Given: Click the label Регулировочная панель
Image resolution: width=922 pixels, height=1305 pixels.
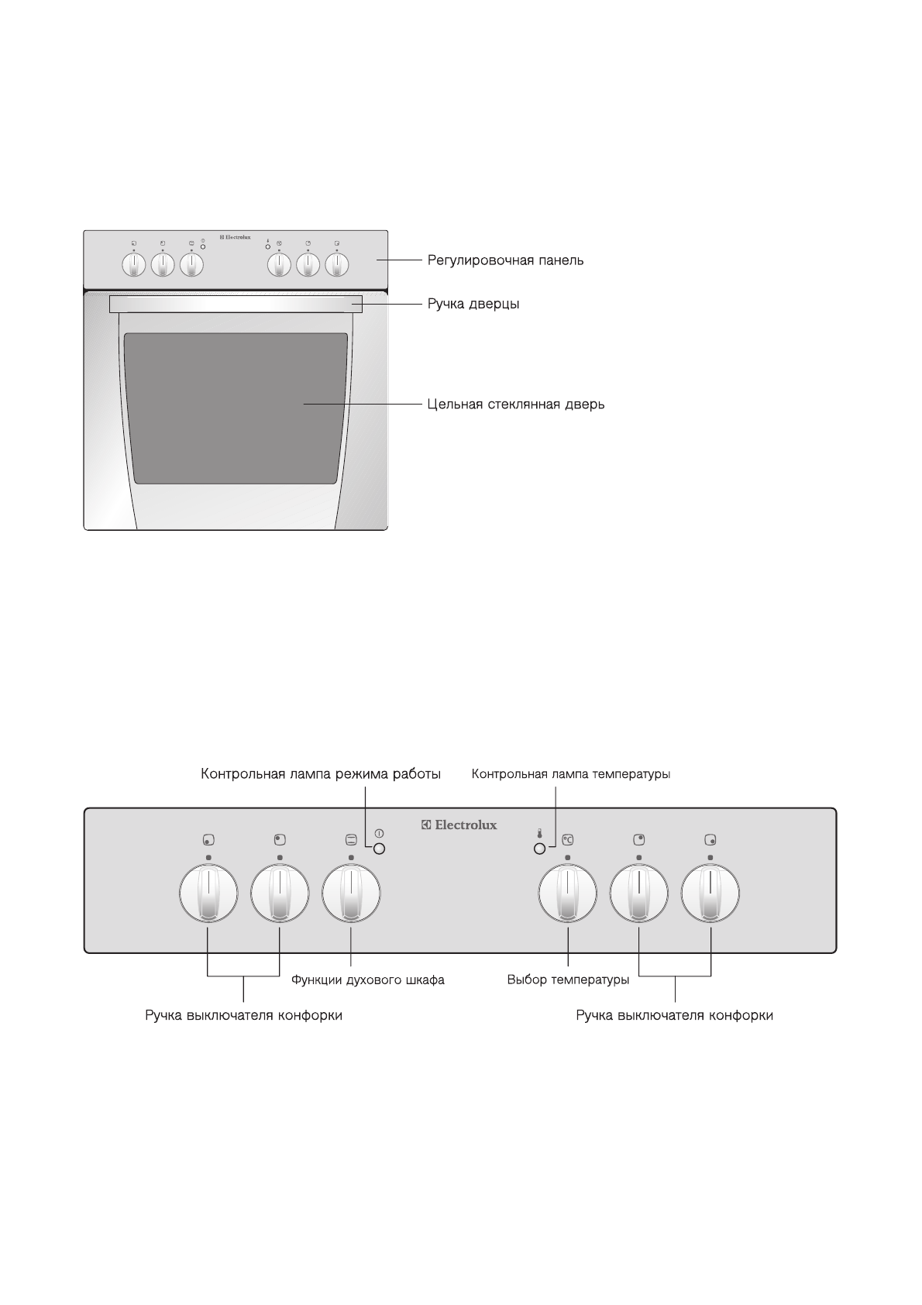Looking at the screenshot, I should point(505,260).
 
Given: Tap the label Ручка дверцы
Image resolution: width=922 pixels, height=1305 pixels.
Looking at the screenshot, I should point(473,304).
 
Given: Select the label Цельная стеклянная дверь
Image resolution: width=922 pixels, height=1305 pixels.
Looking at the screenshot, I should point(515,405).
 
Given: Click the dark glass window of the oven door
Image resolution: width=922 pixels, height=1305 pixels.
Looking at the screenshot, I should point(235,407).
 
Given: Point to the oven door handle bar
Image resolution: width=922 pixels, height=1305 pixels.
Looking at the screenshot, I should point(235,304).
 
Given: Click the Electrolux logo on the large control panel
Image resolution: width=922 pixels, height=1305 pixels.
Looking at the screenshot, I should point(459,825).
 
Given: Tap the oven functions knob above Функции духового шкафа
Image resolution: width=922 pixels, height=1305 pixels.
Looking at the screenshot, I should point(351,894).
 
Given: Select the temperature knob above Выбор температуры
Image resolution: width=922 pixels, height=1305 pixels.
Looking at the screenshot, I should point(567,894).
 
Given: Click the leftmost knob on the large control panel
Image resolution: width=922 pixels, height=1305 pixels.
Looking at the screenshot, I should point(208,894).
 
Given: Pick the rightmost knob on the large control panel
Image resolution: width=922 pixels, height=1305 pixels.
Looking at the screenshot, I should point(710,894).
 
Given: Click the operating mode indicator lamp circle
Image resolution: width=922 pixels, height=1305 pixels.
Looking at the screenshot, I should point(379,849).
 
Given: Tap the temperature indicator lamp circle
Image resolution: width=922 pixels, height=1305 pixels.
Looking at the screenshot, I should point(540,849).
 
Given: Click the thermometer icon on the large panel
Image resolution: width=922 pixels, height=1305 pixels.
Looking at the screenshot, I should point(540,835).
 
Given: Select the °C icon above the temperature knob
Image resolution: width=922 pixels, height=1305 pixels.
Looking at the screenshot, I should point(567,839).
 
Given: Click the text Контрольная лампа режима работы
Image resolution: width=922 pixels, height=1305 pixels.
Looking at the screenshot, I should point(321,774).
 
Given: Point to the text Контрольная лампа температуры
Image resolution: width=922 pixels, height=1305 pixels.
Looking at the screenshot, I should point(571,774).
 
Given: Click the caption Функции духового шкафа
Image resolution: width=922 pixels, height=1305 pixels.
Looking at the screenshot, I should point(367,980).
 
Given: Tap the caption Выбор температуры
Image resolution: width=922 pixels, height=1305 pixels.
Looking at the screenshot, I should point(568,980).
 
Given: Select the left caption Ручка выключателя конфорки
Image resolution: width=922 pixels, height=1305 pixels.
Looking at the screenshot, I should point(243,1015).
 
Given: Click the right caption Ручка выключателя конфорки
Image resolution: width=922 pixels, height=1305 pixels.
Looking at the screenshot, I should point(674,1015).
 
